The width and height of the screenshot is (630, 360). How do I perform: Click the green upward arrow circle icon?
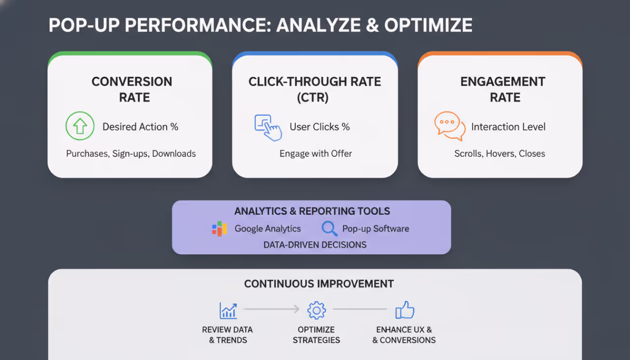coord(80,127)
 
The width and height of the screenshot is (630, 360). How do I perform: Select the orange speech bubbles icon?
coord(449,126)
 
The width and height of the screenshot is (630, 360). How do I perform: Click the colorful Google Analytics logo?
coord(220,229)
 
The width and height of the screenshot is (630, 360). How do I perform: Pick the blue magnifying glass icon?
coord(329,229)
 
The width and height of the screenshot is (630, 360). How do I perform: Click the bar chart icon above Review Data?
coord(228,310)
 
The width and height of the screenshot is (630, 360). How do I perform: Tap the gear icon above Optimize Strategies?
coord(316,310)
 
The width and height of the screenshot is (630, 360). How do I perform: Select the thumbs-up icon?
coord(405,310)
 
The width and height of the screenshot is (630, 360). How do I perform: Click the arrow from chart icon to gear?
coord(272,309)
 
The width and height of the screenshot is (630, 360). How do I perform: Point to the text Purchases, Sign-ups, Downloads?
coord(131,154)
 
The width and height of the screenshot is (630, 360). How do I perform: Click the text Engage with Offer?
coord(315,154)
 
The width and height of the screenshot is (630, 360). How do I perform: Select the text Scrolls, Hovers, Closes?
coord(500,154)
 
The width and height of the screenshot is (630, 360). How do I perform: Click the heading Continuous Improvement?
coord(319,284)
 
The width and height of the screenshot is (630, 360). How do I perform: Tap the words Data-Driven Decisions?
coord(315,245)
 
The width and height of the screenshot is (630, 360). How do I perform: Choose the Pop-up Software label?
coord(376,229)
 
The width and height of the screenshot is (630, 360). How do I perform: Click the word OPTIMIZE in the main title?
coord(428,25)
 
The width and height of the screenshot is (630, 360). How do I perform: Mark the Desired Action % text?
coord(140,127)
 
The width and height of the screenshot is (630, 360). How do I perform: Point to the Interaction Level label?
coord(508,127)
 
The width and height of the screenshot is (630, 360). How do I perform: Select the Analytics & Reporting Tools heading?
coord(312,211)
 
